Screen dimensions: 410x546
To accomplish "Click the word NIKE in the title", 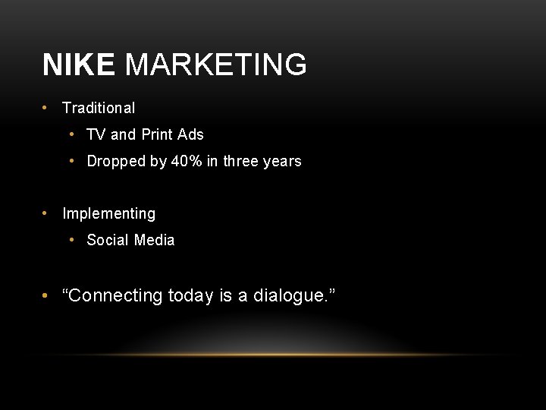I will pyautogui.click(x=78, y=65).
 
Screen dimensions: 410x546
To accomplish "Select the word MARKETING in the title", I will pyautogui.click(x=216, y=65).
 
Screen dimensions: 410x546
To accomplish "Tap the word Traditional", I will pyautogui.click(x=99, y=109).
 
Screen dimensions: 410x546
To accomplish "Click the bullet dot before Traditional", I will pyautogui.click(x=46, y=109).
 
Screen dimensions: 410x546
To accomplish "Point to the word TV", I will pyautogui.click(x=96, y=135).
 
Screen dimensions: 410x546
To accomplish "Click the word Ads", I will pyautogui.click(x=190, y=135).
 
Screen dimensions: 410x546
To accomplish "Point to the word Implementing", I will pyautogui.click(x=108, y=214).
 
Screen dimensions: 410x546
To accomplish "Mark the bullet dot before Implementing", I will pyautogui.click(x=46, y=214).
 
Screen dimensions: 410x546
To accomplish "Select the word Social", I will pyautogui.click(x=108, y=241).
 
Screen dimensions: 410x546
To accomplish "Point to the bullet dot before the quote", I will pyautogui.click(x=46, y=296).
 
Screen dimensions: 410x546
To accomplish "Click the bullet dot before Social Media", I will pyautogui.click(x=71, y=241).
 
